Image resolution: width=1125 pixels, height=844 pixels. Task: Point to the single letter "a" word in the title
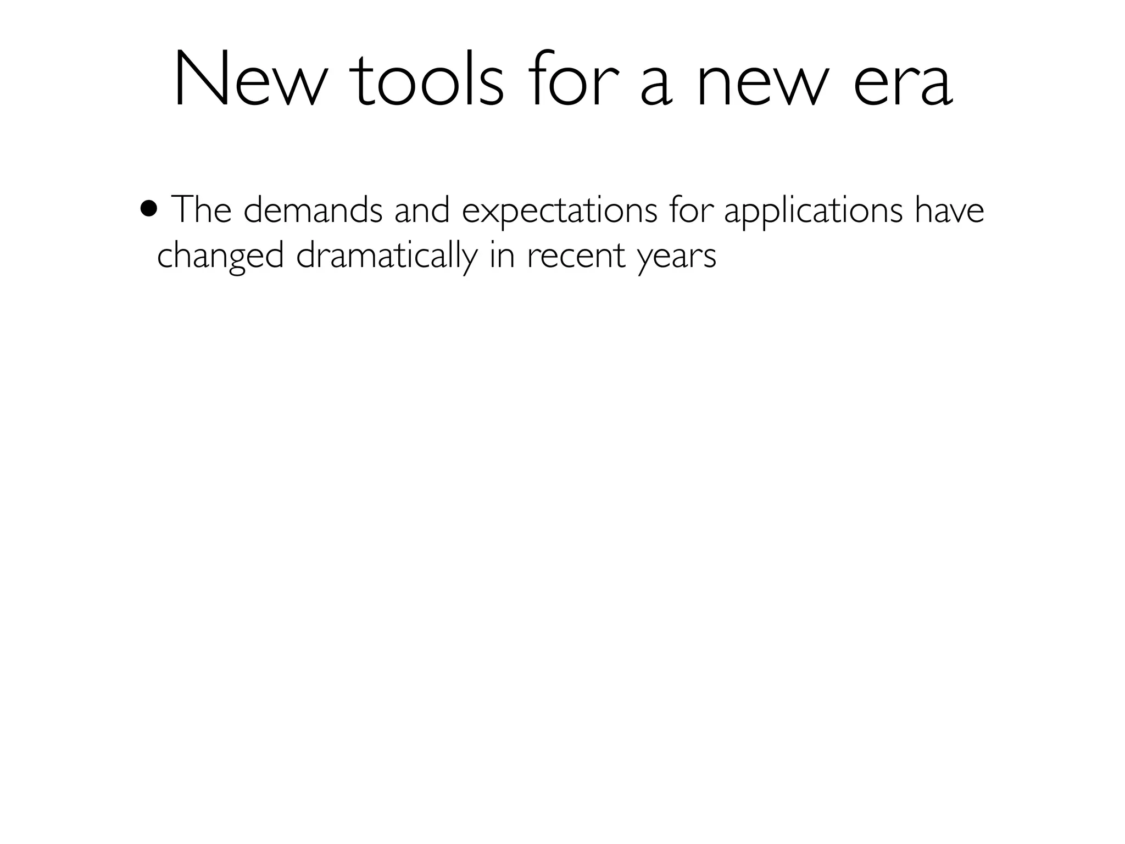point(656,88)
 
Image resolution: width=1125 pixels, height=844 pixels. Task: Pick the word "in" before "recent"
point(502,256)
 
